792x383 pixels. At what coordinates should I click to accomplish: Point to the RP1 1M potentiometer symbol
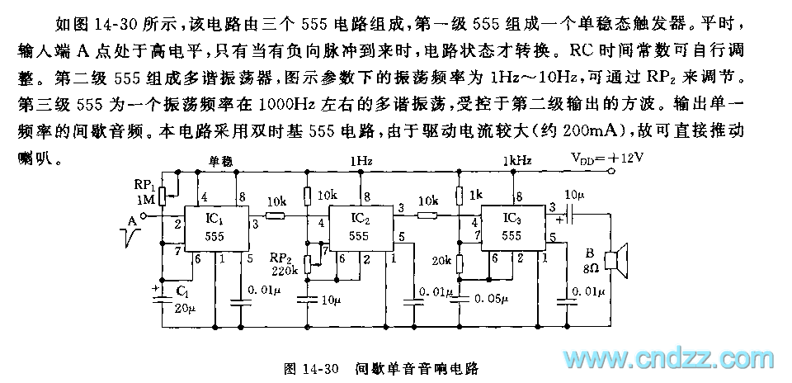pos(163,196)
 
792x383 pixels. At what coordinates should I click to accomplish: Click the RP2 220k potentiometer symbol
pos(309,264)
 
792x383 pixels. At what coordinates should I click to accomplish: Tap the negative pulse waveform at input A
pos(130,239)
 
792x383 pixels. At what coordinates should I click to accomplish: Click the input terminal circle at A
pos(142,216)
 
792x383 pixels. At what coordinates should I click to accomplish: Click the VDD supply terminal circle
pos(611,172)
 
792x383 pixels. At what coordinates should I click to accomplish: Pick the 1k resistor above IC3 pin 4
pos(459,195)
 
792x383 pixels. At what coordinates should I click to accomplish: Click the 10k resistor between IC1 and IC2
pos(275,216)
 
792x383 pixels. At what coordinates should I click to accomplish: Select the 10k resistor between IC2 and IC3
pos(427,216)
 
